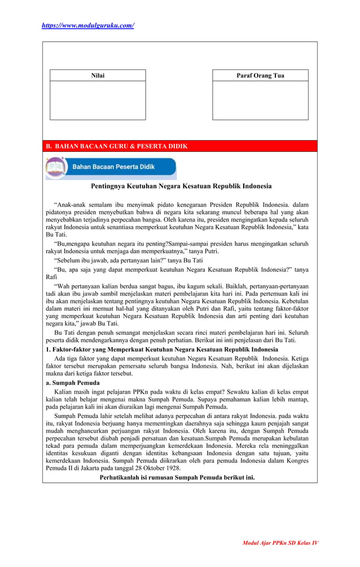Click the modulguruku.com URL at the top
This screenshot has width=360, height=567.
point(89,25)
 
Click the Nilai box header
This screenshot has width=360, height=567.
point(98,76)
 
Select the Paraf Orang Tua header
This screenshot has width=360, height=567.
point(260,76)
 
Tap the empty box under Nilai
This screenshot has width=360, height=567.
point(98,100)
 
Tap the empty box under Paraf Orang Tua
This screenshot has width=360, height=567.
point(260,100)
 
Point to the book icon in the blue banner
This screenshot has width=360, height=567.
point(56,168)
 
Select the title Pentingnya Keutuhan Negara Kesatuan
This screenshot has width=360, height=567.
point(181,186)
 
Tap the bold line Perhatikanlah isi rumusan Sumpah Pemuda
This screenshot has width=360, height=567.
point(177,477)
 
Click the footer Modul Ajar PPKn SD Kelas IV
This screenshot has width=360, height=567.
point(280,543)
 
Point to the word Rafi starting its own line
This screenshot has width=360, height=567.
point(51,277)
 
